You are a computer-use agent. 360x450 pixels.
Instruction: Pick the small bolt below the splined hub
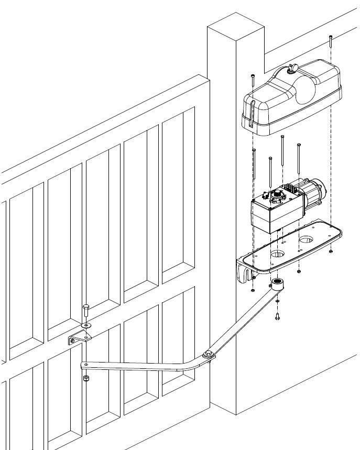point(277,316)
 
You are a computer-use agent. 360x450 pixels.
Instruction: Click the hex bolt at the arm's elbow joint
point(209,355)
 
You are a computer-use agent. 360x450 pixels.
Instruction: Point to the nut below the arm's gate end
point(85,378)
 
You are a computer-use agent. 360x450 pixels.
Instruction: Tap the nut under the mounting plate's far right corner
point(331,252)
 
